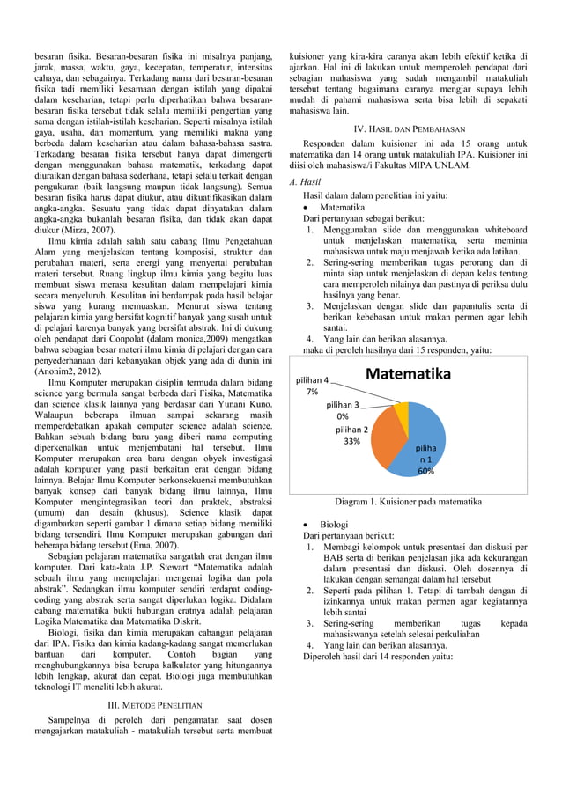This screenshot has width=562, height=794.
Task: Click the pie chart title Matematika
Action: click(408, 376)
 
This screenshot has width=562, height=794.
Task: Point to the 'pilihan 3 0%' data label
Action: click(349, 410)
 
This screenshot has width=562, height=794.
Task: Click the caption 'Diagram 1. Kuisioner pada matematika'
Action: click(408, 502)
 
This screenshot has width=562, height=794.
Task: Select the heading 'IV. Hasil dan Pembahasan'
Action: click(408, 129)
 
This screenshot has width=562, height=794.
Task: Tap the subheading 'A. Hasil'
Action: click(304, 182)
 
